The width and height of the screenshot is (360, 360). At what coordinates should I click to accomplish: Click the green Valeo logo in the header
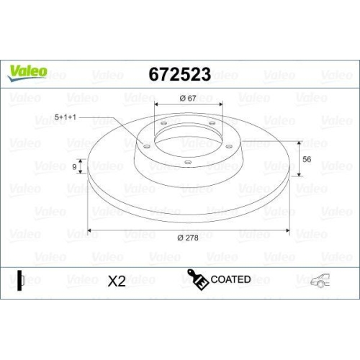pyautogui.click(x=28, y=71)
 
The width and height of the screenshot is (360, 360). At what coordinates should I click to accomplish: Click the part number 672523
pyautogui.click(x=179, y=75)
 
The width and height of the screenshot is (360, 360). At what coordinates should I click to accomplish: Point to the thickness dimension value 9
pyautogui.click(x=75, y=167)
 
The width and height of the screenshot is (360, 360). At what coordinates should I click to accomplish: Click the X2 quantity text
pyautogui.click(x=117, y=281)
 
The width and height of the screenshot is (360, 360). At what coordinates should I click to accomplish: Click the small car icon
pyautogui.click(x=319, y=281)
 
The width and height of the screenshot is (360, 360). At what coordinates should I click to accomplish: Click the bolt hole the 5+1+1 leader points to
pyautogui.click(x=147, y=146)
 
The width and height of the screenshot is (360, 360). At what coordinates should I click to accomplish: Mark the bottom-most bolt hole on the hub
pyautogui.click(x=188, y=162)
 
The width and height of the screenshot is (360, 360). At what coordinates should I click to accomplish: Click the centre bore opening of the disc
pyautogui.click(x=188, y=137)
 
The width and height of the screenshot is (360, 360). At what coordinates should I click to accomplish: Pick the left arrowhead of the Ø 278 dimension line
pyautogui.click(x=90, y=231)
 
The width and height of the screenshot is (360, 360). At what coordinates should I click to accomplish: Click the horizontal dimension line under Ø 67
pyautogui.click(x=188, y=107)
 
